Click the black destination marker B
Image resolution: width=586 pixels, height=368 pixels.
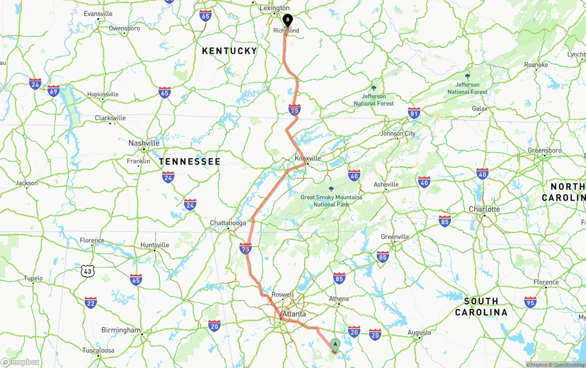[287, 20]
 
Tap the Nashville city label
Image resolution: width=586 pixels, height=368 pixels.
[144, 143]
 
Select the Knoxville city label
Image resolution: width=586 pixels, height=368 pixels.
[308, 159]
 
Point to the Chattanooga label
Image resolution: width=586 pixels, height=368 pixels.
[228, 223]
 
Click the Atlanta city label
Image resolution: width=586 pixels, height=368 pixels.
[294, 314]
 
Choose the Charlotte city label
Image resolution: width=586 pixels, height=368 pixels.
[484, 209]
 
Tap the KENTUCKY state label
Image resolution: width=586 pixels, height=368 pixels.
[230, 51]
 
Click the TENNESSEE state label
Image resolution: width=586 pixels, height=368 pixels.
[190, 161]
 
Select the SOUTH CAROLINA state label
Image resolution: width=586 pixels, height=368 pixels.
[481, 307]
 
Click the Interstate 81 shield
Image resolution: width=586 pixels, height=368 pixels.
[414, 113]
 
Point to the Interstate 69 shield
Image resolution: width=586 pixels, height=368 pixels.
[54, 90]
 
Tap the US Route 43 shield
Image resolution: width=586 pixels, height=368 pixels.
[87, 271]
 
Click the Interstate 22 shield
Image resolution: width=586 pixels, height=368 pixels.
[91, 302]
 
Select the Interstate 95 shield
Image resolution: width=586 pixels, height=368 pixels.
[530, 302]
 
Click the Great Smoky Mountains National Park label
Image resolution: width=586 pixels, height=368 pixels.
[331, 201]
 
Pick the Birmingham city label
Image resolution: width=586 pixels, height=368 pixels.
[121, 330]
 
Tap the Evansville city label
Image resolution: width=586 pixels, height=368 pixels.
[98, 14]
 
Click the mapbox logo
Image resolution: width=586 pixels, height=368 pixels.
[21, 362]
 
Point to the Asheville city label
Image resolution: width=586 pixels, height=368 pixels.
[386, 185]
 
